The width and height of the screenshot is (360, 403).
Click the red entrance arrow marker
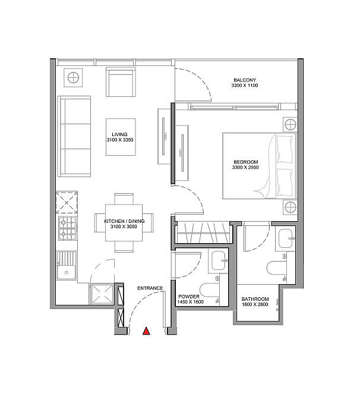(x=146, y=330)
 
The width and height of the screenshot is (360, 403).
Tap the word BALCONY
(x=245, y=80)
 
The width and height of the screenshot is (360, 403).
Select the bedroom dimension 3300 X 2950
(x=245, y=167)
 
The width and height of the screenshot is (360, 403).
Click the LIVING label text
(x=119, y=134)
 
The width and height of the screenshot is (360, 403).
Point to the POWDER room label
(x=189, y=297)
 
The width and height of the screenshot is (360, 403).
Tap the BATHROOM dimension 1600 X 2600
(x=255, y=304)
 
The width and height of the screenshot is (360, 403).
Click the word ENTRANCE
(x=150, y=288)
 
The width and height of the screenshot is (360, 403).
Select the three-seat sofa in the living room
(x=74, y=136)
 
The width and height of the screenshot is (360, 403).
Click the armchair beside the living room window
(x=121, y=82)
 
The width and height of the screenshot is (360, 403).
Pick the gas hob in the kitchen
(x=67, y=228)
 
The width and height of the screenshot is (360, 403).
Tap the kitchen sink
(x=67, y=266)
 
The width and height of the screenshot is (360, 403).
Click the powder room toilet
(x=210, y=290)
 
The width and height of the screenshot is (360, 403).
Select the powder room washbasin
(x=218, y=261)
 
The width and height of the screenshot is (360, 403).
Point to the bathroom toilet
(x=276, y=268)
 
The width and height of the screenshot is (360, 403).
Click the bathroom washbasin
(x=286, y=239)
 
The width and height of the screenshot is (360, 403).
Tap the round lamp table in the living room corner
(x=73, y=78)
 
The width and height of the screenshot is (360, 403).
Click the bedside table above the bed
(x=290, y=125)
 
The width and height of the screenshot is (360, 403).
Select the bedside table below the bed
(x=290, y=207)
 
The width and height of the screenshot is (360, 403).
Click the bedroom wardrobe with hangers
(x=204, y=233)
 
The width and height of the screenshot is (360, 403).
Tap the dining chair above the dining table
(x=124, y=199)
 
